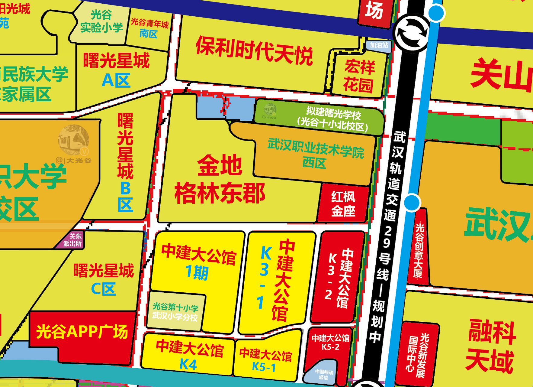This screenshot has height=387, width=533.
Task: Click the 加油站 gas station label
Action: [x=379, y=45]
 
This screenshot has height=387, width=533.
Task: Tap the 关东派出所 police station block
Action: [x=72, y=240]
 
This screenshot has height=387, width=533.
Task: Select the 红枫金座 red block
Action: [x=343, y=203]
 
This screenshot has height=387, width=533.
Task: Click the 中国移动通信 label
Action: [x=323, y=374]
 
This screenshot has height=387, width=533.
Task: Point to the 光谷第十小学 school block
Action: [x=175, y=311]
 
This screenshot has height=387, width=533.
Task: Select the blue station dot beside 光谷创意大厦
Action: [x=412, y=202]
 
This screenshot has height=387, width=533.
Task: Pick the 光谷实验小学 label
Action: [x=101, y=21]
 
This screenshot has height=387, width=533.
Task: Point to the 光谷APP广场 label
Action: [x=82, y=332]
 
